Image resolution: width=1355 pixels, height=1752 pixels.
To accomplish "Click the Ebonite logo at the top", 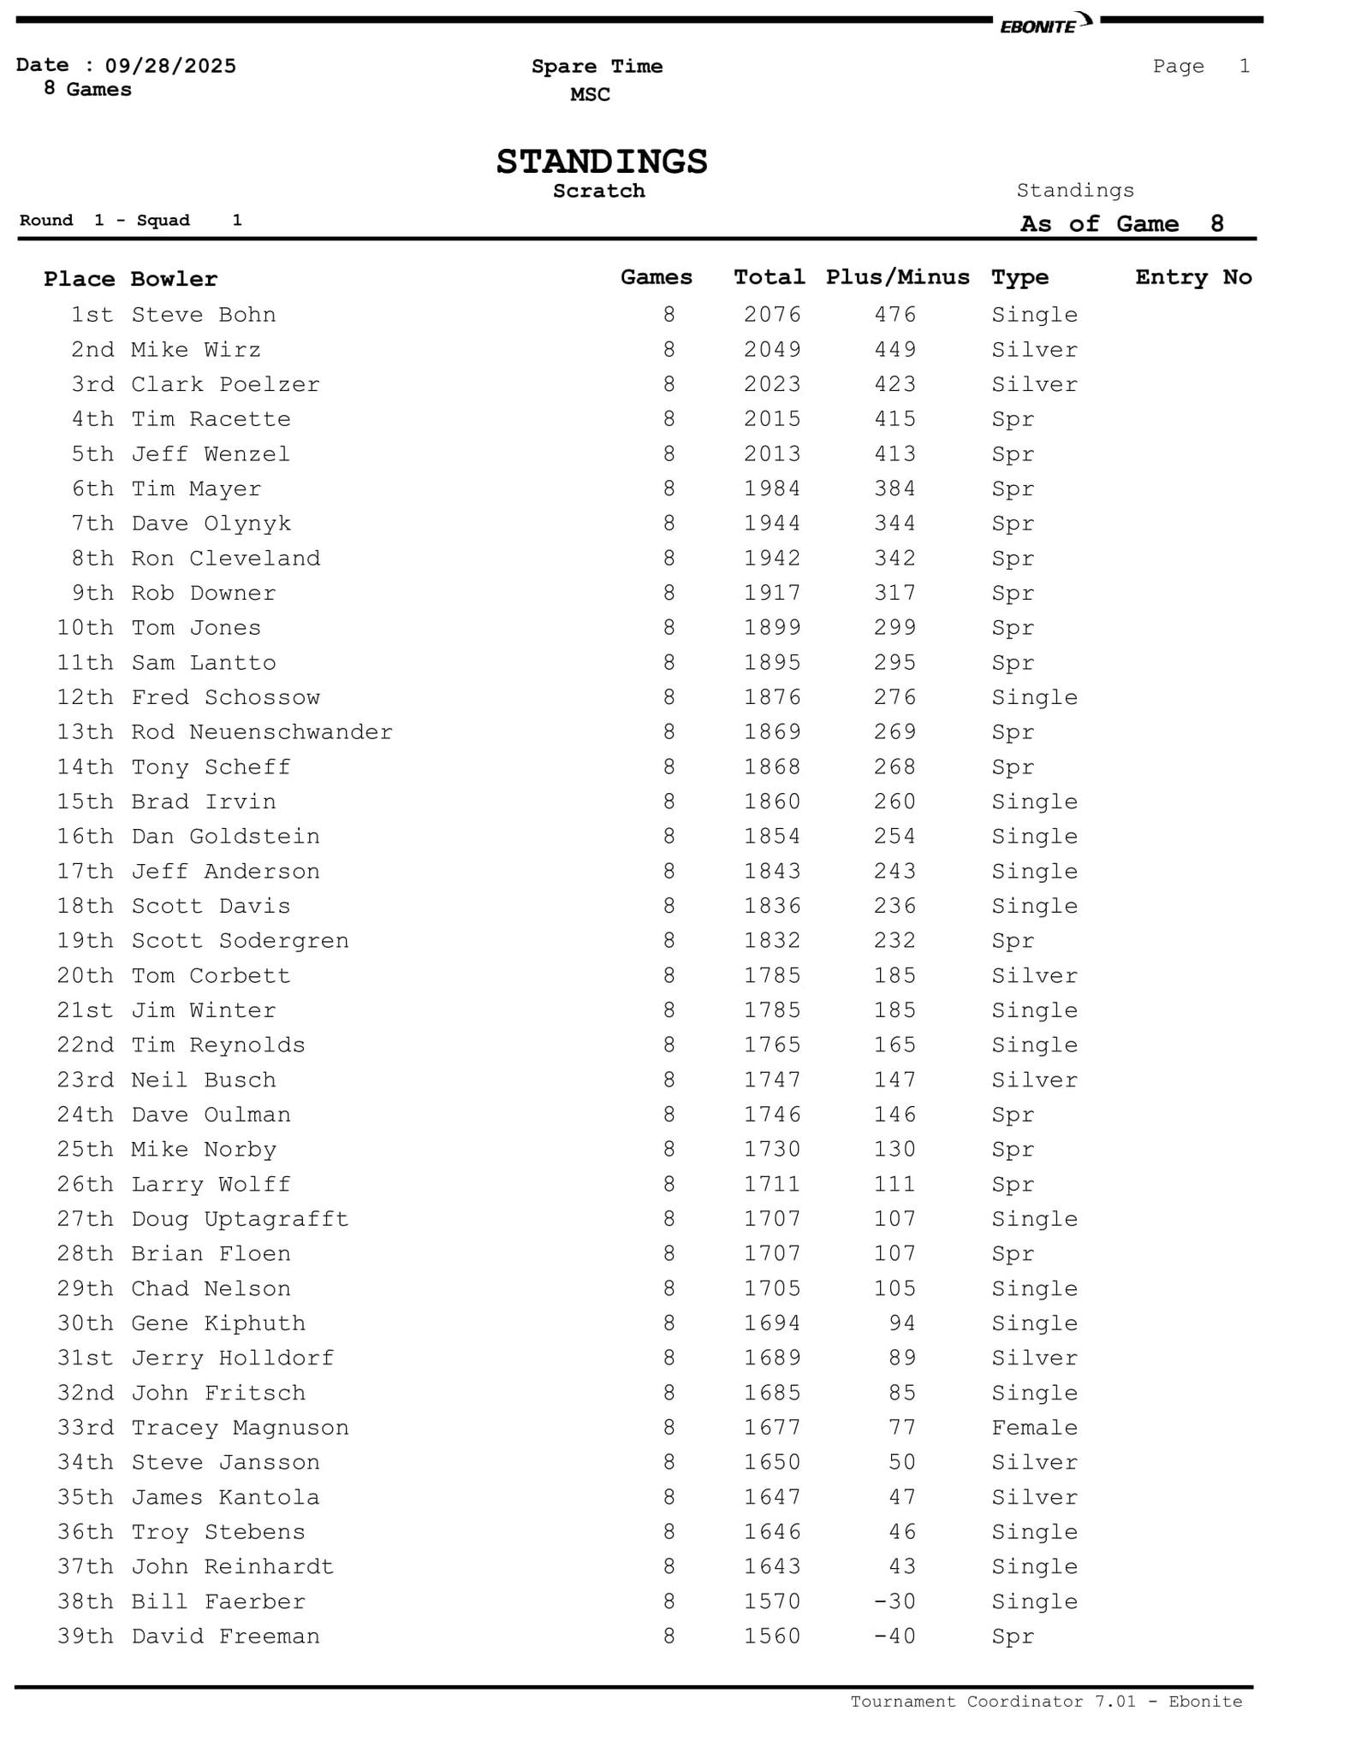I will (1045, 23).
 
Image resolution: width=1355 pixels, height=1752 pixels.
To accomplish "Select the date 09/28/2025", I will (170, 66).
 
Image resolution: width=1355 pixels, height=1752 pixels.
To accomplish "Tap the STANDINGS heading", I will (602, 162).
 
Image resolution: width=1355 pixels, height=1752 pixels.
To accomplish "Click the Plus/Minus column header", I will (897, 277).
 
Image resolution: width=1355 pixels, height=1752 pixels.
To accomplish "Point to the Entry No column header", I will (1193, 277).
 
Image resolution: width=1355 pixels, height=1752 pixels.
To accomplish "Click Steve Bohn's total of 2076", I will (772, 315).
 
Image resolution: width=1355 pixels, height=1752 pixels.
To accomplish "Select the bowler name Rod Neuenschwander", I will (262, 732).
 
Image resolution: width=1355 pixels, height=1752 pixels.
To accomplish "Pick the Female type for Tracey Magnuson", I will (1034, 1428).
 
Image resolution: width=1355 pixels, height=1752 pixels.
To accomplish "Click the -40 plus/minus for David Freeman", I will (894, 1637).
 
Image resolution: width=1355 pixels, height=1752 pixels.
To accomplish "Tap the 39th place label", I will (85, 1637).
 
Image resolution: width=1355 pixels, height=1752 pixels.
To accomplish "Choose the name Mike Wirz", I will (196, 350).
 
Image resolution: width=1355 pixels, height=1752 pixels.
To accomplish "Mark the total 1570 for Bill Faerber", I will (772, 1601).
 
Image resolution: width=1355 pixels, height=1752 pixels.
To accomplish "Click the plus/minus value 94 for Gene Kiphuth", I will (902, 1323).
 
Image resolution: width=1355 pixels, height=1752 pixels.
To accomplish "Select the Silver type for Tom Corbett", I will (1034, 976).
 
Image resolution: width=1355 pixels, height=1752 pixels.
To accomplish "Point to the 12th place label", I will (85, 698).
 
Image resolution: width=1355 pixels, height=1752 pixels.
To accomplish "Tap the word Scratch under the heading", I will (598, 191).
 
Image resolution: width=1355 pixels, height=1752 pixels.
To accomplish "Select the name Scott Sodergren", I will (240, 941).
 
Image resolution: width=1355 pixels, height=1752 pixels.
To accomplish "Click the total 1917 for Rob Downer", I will (772, 594).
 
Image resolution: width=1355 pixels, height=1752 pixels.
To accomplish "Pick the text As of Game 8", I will (1121, 224).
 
